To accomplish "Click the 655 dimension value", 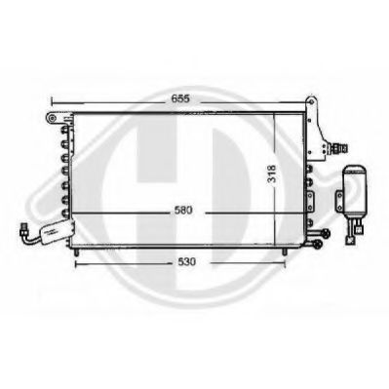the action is (180, 98).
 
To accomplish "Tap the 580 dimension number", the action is (183, 211).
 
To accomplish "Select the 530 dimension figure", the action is (187, 261).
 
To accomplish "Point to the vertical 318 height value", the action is (272, 174).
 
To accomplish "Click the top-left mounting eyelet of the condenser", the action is (52, 118).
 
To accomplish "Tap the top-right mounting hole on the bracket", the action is (311, 101).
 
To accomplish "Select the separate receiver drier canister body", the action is (356, 193).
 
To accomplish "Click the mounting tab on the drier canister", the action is (339, 201).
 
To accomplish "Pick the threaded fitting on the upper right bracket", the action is (337, 148).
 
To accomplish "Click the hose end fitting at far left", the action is (23, 230).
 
